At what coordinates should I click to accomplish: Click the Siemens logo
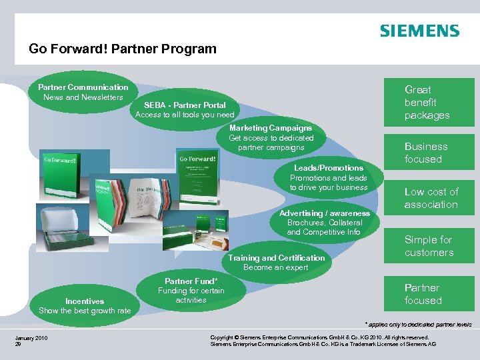(x=419, y=31)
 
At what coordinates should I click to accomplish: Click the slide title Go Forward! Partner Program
(x=123, y=49)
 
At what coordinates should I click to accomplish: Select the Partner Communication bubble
(x=83, y=92)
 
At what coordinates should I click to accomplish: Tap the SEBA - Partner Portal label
(x=185, y=105)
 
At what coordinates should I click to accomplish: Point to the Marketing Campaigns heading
(x=270, y=128)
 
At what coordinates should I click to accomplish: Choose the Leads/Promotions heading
(x=329, y=168)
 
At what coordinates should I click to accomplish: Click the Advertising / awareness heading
(x=324, y=213)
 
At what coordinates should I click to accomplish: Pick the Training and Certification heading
(x=276, y=258)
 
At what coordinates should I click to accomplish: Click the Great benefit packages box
(x=427, y=102)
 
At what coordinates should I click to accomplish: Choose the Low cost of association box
(x=431, y=198)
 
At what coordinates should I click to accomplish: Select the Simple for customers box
(x=429, y=246)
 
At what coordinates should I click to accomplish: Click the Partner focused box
(x=423, y=294)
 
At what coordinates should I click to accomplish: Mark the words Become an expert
(x=275, y=267)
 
